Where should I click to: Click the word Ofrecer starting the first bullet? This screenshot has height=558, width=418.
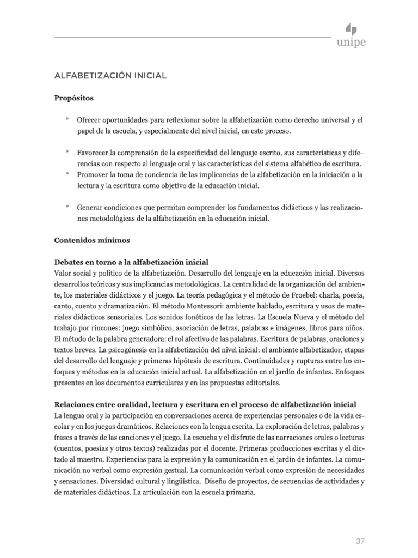(x=90, y=119)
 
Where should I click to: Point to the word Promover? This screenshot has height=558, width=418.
(x=94, y=175)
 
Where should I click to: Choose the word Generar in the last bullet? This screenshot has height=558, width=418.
(x=90, y=208)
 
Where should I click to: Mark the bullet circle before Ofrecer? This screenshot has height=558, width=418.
(x=66, y=118)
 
